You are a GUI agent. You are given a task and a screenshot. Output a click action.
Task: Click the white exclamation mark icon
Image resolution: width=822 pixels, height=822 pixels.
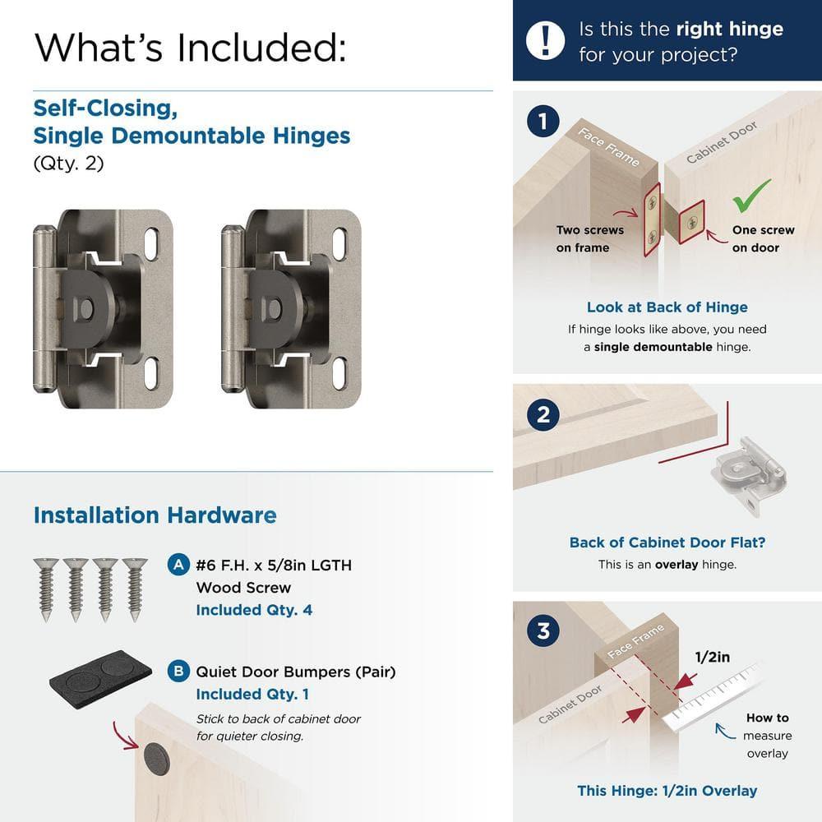click(546, 40)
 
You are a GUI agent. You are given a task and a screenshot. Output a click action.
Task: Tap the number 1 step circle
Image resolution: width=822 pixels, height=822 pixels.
click(543, 122)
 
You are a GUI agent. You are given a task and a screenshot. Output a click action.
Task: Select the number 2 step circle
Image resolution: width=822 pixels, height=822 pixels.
click(543, 414)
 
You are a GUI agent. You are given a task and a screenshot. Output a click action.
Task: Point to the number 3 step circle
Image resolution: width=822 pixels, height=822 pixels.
click(543, 631)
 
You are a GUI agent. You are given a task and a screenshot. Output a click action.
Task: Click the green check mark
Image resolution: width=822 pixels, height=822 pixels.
click(751, 196)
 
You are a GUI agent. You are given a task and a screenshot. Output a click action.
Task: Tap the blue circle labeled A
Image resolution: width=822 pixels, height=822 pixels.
click(177, 566)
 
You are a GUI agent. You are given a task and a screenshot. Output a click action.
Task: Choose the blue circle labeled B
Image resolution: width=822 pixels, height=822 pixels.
click(177, 672)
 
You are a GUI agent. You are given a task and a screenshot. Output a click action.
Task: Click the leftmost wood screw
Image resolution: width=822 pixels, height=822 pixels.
click(46, 589)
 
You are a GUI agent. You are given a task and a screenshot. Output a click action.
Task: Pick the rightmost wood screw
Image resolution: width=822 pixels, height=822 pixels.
click(133, 589)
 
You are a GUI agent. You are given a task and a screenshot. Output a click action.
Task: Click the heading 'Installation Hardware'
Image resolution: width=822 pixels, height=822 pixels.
click(155, 515)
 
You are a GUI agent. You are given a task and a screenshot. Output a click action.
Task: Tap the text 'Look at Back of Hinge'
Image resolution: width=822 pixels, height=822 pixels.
click(667, 307)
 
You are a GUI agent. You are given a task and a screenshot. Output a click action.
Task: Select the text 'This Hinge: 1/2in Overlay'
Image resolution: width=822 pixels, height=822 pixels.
click(667, 791)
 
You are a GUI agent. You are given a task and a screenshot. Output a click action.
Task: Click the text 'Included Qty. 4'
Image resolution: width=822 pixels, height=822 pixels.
click(254, 610)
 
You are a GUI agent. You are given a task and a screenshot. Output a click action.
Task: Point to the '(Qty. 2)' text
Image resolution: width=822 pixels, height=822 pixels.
click(69, 164)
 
